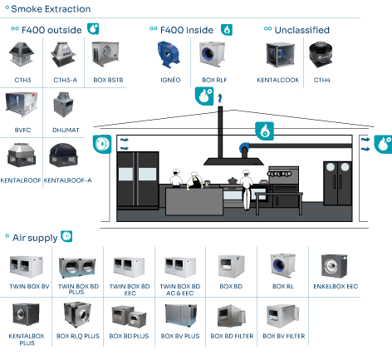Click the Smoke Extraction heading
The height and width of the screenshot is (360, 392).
(51, 9)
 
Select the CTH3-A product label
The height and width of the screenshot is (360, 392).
(66, 80)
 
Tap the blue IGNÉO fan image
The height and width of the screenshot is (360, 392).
(169, 55)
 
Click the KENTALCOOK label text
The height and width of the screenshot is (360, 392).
(278, 80)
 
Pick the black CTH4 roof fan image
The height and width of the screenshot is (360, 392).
(321, 55)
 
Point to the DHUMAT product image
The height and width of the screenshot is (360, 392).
(63, 105)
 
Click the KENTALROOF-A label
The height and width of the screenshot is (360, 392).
(67, 180)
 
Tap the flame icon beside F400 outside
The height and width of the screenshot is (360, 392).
(93, 29)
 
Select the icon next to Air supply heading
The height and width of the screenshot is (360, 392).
(66, 236)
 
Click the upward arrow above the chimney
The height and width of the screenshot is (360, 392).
(220, 98)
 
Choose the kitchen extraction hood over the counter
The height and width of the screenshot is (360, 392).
(233, 161)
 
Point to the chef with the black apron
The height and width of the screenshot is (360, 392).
(195, 180)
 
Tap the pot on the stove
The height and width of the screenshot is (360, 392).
(233, 180)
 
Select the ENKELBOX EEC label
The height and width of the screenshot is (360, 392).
(336, 286)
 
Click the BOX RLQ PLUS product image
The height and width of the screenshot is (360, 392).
(77, 314)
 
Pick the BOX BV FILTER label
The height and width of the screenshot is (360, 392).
(284, 336)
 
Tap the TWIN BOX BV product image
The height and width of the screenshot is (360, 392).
(27, 267)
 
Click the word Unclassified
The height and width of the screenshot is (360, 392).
(302, 30)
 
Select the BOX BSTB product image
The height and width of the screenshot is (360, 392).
(105, 54)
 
